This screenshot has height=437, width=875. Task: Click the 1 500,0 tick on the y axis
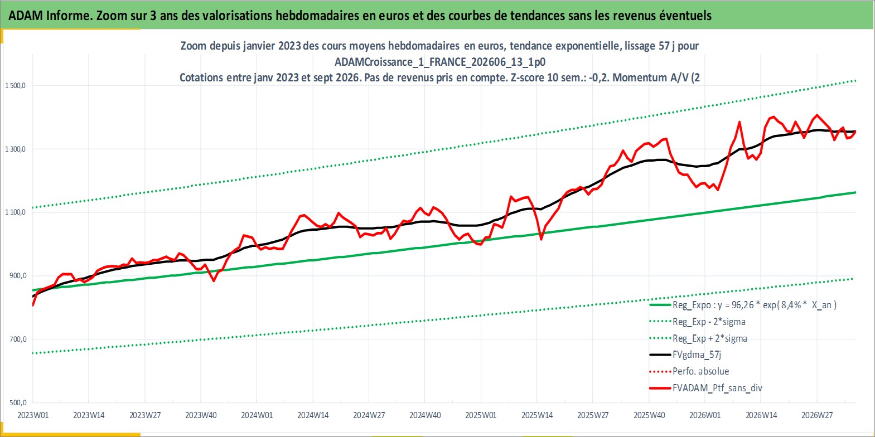(15, 85)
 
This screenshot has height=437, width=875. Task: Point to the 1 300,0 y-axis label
(15, 149)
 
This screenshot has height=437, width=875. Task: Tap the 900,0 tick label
(18, 276)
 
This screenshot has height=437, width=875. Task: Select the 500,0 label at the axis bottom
(18, 402)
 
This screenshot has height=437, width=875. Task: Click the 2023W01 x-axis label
(33, 415)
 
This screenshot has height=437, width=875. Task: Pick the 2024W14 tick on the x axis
(313, 415)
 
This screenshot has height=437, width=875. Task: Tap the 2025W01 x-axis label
(481, 415)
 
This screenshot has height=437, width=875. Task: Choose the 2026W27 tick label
(817, 415)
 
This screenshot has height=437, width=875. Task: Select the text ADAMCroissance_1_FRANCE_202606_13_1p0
(440, 62)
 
